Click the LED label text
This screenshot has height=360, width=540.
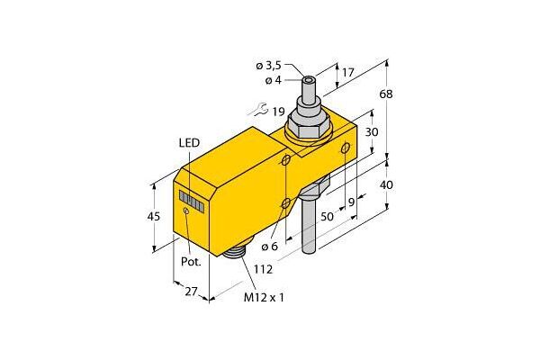[x=189, y=142]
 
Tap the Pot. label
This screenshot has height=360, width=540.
[x=191, y=262]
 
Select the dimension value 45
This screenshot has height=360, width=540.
[x=155, y=216]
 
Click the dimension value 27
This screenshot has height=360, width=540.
[x=191, y=292]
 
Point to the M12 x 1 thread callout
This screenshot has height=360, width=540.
[x=264, y=297]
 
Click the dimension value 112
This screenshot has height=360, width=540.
[x=263, y=269]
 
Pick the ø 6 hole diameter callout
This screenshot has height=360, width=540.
[x=269, y=247]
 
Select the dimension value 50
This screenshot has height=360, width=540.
[x=328, y=216]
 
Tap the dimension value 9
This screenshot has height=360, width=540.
[x=351, y=202]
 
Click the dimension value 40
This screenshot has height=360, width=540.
[x=386, y=185]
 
